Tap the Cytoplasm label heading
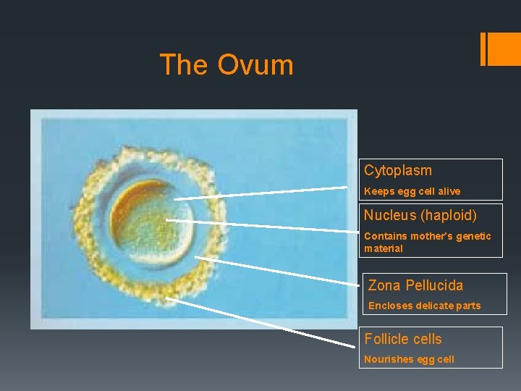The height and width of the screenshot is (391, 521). (x=397, y=171)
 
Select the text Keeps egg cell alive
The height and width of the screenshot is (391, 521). (x=412, y=192)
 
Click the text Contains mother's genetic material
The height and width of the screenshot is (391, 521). (x=427, y=242)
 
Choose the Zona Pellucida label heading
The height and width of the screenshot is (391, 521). (x=415, y=285)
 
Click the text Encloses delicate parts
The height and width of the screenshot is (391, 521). (x=424, y=306)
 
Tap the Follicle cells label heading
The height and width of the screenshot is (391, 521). (x=402, y=339)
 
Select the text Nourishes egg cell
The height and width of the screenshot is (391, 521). (x=409, y=359)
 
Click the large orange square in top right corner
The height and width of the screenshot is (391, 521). (x=505, y=49)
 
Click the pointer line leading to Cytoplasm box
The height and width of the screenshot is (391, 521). (x=260, y=193)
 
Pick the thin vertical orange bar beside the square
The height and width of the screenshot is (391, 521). (x=483, y=49)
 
